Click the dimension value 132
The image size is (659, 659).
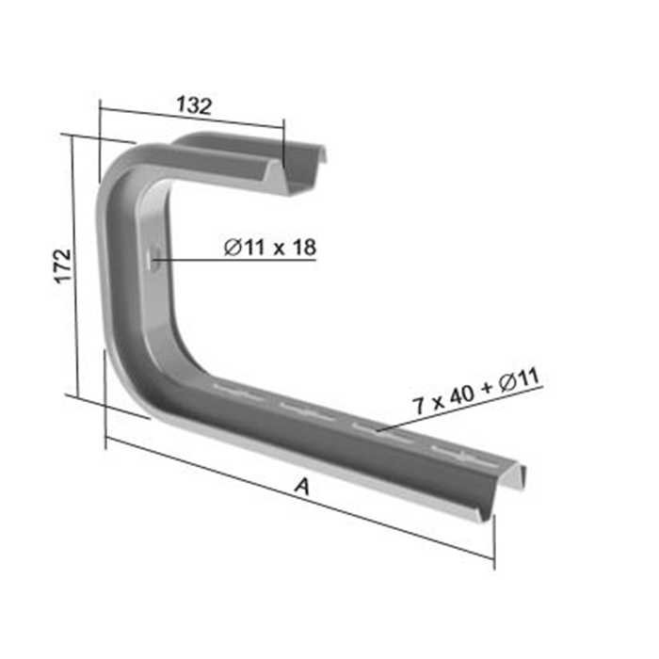pyautogui.click(x=193, y=105)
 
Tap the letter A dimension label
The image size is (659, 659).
pyautogui.click(x=301, y=487)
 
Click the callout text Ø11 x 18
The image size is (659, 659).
pyautogui.click(x=270, y=248)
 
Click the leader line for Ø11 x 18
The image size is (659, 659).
pyautogui.click(x=235, y=260)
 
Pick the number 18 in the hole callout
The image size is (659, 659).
pyautogui.click(x=303, y=248)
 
